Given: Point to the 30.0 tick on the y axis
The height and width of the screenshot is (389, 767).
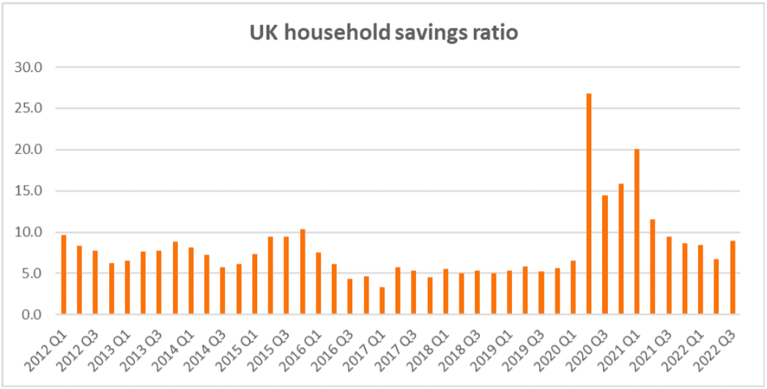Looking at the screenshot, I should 29,67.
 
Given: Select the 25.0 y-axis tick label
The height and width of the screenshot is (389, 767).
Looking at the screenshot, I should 29,108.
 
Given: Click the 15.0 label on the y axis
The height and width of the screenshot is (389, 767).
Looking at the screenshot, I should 29,191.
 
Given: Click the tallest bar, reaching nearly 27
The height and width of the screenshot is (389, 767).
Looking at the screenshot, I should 588,204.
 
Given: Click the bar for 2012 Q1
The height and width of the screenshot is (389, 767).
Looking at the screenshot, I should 64,275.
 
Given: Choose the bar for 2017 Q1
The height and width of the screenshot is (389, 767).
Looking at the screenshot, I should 382,301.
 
